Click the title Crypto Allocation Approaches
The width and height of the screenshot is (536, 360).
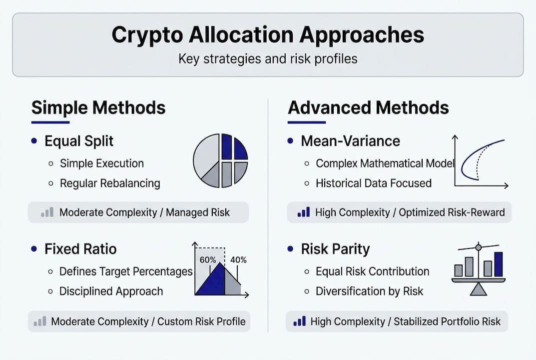(268, 35)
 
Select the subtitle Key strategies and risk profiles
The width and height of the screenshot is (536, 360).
(268, 58)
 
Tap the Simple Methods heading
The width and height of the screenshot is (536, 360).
(98, 107)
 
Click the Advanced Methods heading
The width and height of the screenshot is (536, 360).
(368, 107)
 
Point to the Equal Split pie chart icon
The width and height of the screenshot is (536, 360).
(220, 160)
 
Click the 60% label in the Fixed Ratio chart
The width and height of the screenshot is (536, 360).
(207, 260)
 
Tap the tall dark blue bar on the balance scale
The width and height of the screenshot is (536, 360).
(499, 264)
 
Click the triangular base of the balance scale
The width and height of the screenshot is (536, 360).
(478, 289)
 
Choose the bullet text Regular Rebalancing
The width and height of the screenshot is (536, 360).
(110, 183)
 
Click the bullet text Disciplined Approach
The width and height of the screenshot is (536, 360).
(111, 291)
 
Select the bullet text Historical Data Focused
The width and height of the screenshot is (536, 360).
(374, 183)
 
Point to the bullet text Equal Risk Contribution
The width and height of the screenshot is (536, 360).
(372, 271)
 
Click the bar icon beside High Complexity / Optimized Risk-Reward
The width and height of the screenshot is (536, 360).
(303, 212)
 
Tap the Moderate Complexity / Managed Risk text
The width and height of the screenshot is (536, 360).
(144, 212)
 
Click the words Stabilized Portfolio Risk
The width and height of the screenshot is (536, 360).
(447, 321)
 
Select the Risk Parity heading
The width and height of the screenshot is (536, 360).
(335, 249)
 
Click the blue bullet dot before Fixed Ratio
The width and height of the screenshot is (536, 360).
(34, 248)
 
